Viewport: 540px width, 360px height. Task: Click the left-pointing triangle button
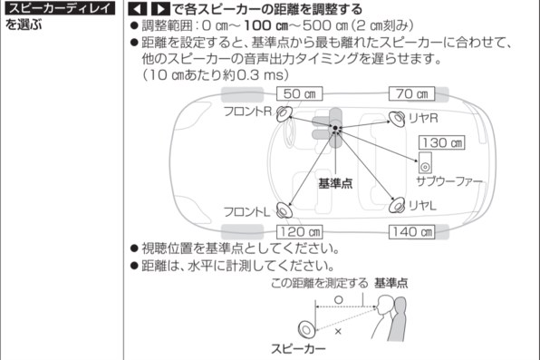138,9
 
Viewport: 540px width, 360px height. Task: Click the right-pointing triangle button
160,9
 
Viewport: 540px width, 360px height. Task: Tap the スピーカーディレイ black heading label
60,8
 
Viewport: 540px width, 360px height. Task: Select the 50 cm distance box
299,93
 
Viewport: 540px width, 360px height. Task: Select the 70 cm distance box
411,93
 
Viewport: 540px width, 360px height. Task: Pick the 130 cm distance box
441,142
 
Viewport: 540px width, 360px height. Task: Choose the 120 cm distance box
299,232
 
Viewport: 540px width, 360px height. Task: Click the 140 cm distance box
411,232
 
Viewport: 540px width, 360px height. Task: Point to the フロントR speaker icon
284,113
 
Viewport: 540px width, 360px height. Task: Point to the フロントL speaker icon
284,210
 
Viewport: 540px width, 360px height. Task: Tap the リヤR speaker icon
397,119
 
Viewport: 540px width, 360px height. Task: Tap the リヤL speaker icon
397,205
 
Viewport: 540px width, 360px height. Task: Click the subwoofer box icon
425,162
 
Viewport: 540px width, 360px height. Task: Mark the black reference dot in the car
335,128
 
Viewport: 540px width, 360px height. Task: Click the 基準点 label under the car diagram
335,183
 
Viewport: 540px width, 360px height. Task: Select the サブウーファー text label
449,181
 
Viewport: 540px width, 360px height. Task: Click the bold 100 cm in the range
266,25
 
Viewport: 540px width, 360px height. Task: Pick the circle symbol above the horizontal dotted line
339,299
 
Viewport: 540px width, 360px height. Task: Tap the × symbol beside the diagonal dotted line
338,331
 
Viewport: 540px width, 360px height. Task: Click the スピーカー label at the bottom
298,348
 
